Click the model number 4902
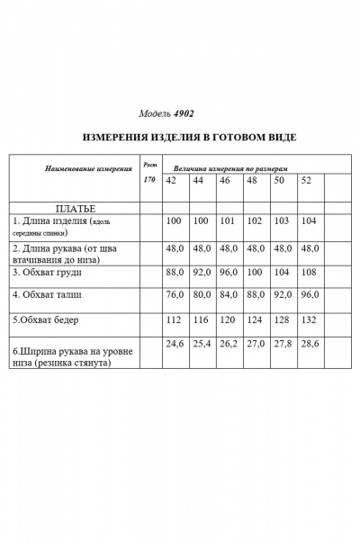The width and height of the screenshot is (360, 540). point(179,115)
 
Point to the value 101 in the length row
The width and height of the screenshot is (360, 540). point(227,220)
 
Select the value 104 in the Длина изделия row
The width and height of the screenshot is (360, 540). point(308,220)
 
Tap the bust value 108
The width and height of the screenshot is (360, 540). point(308,271)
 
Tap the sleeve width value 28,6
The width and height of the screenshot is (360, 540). point(309,343)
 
